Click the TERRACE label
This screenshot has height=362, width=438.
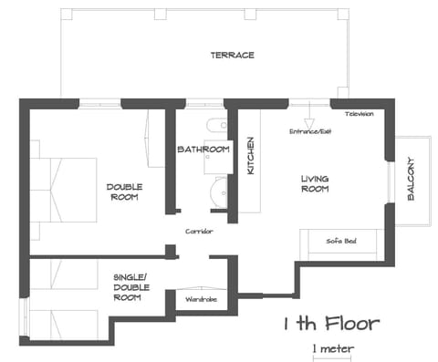(x=232, y=56)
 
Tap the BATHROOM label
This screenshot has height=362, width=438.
(x=203, y=150)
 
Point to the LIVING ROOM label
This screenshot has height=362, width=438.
(x=315, y=183)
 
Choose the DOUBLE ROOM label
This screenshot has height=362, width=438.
(x=122, y=191)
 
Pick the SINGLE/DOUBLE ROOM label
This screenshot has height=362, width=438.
(x=132, y=286)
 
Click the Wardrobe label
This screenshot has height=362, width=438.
(x=200, y=298)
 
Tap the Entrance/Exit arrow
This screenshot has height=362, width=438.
(x=308, y=119)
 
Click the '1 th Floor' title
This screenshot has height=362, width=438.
(x=330, y=324)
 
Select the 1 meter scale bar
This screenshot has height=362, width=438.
(x=331, y=354)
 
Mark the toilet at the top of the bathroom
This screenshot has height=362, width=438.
(x=214, y=126)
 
